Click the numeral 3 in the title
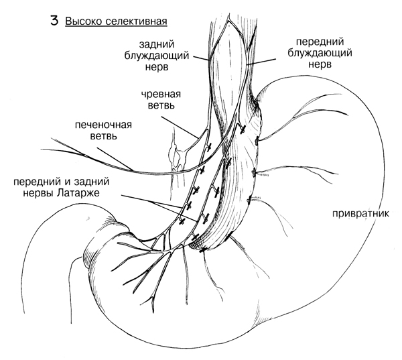click(54, 21)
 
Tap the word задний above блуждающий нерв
click(157, 44)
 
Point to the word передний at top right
click(320, 42)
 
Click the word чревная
click(161, 94)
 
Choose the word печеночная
click(103, 125)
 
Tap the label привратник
click(360, 213)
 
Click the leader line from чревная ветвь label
click(180, 127)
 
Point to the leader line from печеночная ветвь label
click(115, 159)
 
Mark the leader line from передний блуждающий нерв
click(261, 62)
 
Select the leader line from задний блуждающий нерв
click(202, 58)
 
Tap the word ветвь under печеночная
click(104, 136)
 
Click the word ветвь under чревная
click(161, 105)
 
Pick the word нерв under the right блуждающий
click(320, 64)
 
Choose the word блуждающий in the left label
click(157, 56)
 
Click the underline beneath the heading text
click(117, 26)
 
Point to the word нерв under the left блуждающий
click(157, 67)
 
